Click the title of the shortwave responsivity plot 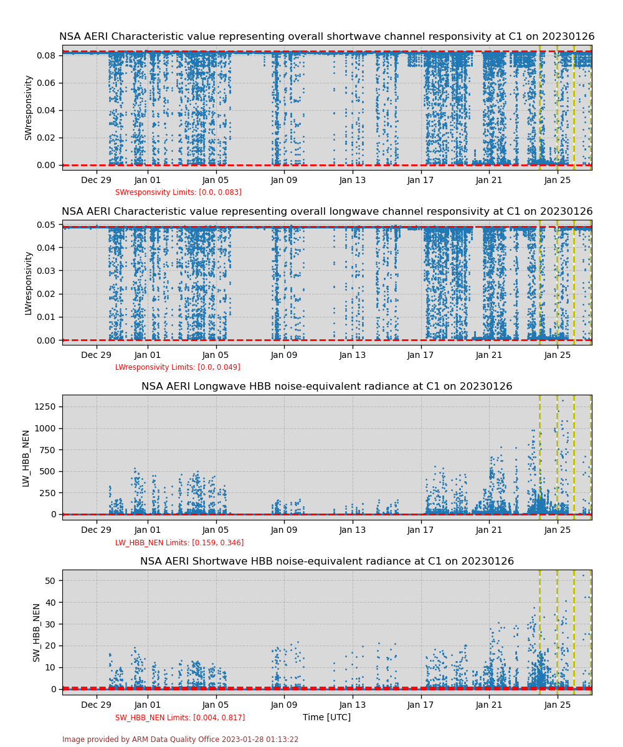326,37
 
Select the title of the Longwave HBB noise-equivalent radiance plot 326,387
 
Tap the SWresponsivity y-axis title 28,108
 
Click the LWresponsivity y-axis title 28,283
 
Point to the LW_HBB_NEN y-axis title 26,458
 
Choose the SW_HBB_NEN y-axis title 37,632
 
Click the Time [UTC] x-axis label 326,717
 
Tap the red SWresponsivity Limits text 178,192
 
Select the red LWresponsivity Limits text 178,367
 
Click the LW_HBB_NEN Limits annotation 179,543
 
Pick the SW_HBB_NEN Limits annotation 180,718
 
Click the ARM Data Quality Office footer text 180,740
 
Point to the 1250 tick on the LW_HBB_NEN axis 44,406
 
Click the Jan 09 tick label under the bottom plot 284,705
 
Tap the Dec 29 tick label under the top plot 96,181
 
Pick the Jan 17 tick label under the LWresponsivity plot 421,355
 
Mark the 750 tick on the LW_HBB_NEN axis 47,449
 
